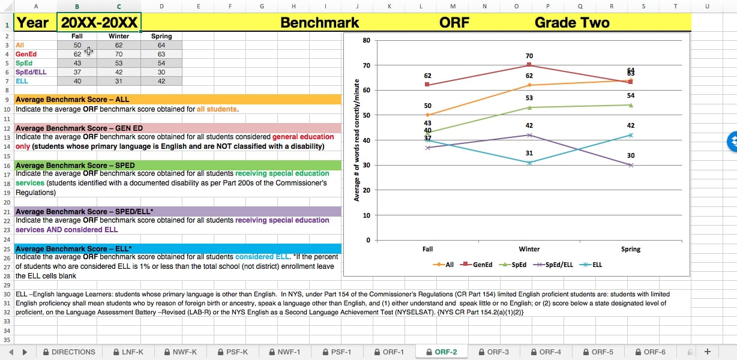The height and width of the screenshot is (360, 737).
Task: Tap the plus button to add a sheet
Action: click(x=707, y=352)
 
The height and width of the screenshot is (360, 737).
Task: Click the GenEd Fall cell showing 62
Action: click(x=77, y=54)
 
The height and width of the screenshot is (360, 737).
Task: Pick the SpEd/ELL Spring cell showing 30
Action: click(x=161, y=72)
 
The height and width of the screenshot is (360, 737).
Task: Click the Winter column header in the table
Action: click(x=119, y=36)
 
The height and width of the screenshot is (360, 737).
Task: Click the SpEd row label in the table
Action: click(x=24, y=63)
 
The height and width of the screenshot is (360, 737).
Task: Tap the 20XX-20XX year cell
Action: click(x=100, y=23)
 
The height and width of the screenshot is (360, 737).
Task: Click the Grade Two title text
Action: click(x=571, y=23)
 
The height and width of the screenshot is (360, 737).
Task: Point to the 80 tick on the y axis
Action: click(x=367, y=40)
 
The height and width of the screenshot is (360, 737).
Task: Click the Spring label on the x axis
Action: click(x=630, y=249)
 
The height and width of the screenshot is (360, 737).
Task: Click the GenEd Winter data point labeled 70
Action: click(x=529, y=65)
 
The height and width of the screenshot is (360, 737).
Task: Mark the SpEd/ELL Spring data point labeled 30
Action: click(x=630, y=165)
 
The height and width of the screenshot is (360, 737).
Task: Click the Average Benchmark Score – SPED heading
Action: click(x=75, y=165)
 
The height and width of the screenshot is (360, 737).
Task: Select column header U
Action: click(x=707, y=7)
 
